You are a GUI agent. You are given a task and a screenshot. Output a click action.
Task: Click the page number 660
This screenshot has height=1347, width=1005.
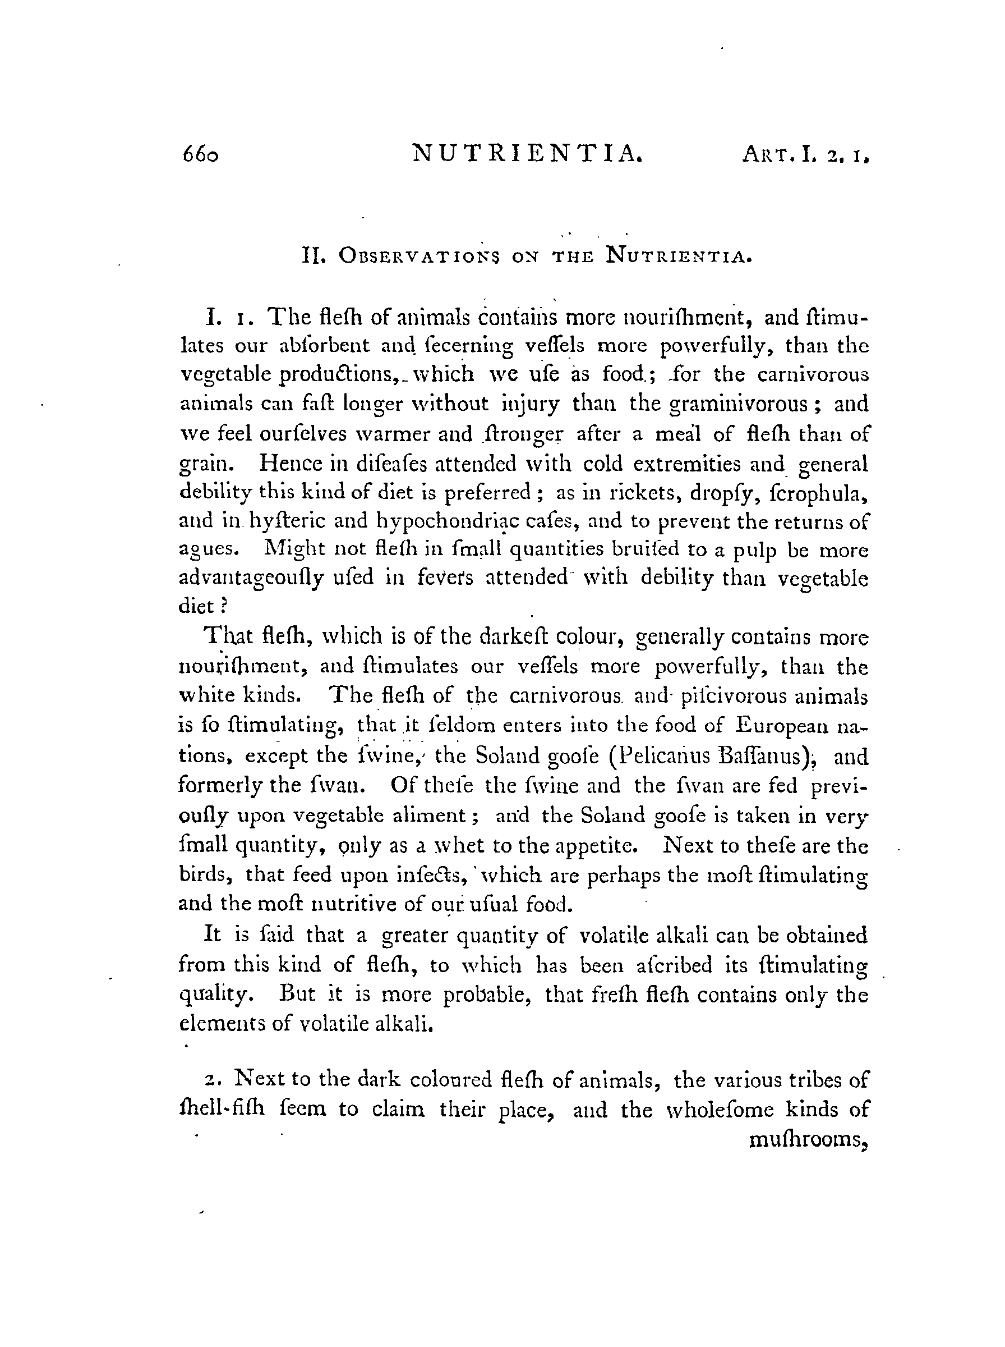point(200,155)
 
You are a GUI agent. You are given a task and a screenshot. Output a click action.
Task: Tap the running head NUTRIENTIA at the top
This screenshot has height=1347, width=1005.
point(527,153)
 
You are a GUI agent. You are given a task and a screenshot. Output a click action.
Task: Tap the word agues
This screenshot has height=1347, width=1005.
point(206,550)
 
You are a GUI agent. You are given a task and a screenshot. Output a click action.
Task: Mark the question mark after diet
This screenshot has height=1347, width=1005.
point(223,606)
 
